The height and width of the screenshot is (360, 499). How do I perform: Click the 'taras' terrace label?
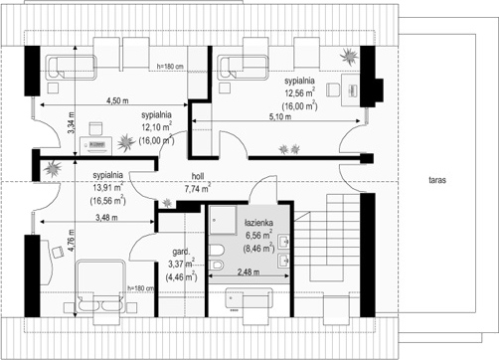point(437,180)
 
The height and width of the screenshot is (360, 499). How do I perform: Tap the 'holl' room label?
point(198,176)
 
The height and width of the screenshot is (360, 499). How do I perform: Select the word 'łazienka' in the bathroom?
point(258,223)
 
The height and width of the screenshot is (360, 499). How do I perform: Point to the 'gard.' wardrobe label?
point(181,252)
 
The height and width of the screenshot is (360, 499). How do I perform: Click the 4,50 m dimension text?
point(117,100)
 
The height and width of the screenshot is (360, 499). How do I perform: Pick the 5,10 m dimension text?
point(280,116)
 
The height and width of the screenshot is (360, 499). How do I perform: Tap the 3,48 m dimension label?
point(106,218)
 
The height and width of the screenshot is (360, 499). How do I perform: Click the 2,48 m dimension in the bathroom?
point(249,272)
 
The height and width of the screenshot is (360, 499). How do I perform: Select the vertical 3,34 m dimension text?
point(72,123)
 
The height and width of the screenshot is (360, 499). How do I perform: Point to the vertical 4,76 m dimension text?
point(72,240)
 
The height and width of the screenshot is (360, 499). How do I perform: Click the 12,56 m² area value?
point(300,92)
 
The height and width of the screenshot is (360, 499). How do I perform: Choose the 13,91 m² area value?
point(108,187)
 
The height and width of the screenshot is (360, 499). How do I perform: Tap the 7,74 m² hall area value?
point(198,188)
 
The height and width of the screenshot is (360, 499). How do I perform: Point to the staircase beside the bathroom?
point(335,237)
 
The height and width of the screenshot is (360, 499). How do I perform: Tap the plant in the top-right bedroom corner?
point(349,57)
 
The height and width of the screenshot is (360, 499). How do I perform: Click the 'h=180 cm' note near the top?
point(170,67)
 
